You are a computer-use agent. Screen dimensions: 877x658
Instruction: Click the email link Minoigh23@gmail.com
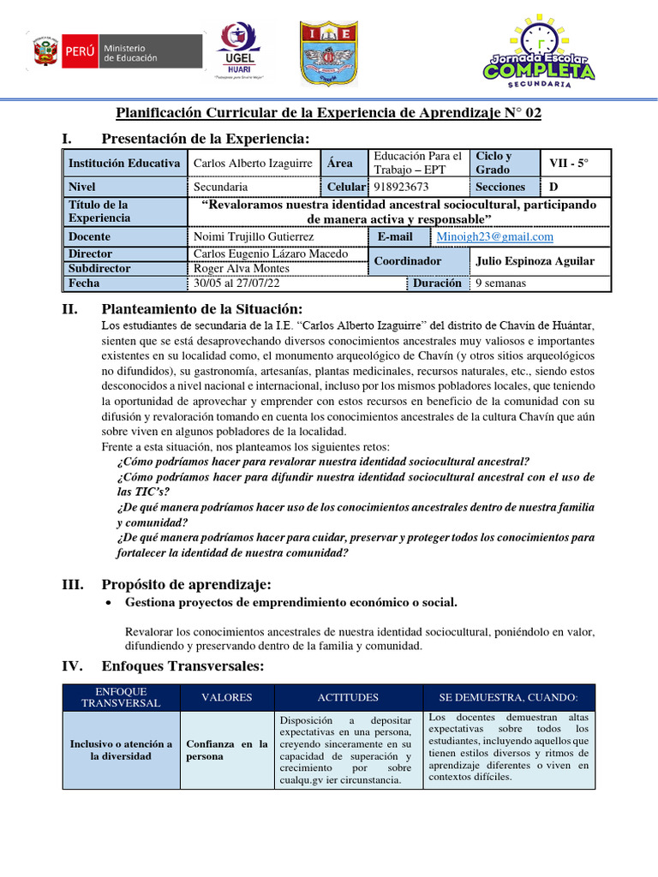494,236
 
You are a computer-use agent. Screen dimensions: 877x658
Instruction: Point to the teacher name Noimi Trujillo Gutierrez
254,236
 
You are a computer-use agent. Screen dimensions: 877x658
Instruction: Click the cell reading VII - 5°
569,163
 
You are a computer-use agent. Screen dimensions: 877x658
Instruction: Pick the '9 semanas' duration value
501,283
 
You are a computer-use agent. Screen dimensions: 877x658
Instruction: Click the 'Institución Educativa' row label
124,163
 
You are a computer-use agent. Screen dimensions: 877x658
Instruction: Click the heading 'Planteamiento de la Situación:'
201,309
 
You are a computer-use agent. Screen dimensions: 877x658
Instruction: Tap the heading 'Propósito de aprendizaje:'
186,584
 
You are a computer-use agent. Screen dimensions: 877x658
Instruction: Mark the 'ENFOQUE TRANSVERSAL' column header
121,697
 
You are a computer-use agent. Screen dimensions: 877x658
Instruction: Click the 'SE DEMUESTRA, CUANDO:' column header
508,697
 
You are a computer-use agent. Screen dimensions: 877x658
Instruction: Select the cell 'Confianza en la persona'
227,750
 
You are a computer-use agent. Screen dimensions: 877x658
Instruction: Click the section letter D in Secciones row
553,187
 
